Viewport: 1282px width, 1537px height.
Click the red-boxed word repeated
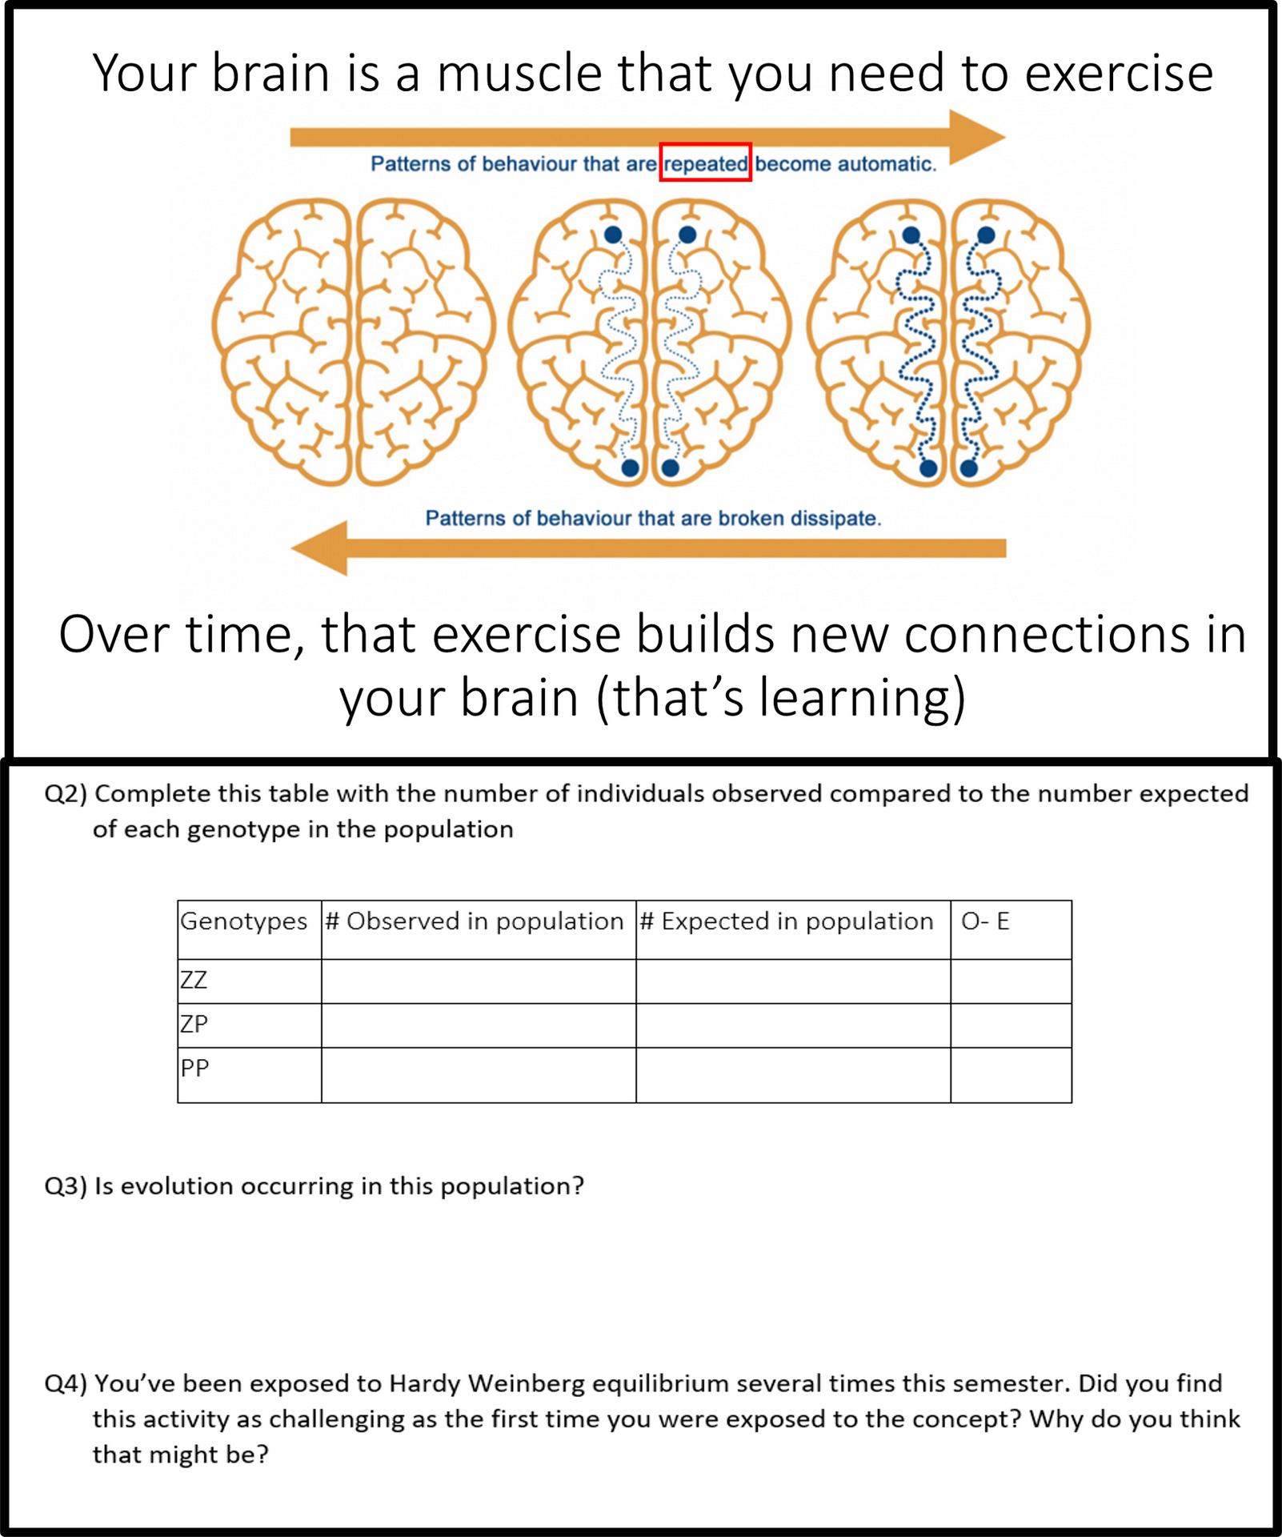706,164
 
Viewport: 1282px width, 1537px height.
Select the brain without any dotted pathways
354,343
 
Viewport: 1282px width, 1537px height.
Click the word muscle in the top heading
519,74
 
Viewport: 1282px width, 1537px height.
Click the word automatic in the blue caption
887,164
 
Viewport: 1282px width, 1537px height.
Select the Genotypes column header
244,921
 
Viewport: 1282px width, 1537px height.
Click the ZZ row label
194,980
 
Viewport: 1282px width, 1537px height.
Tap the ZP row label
194,1024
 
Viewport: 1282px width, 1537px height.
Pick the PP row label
194,1068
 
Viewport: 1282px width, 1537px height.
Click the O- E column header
985,921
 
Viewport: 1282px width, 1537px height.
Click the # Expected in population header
787,921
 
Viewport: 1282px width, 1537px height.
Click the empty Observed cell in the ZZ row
479,981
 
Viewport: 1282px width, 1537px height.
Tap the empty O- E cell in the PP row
1011,1075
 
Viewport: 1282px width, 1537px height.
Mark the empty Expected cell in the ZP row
793,1025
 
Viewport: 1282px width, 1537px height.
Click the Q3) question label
66,1186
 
